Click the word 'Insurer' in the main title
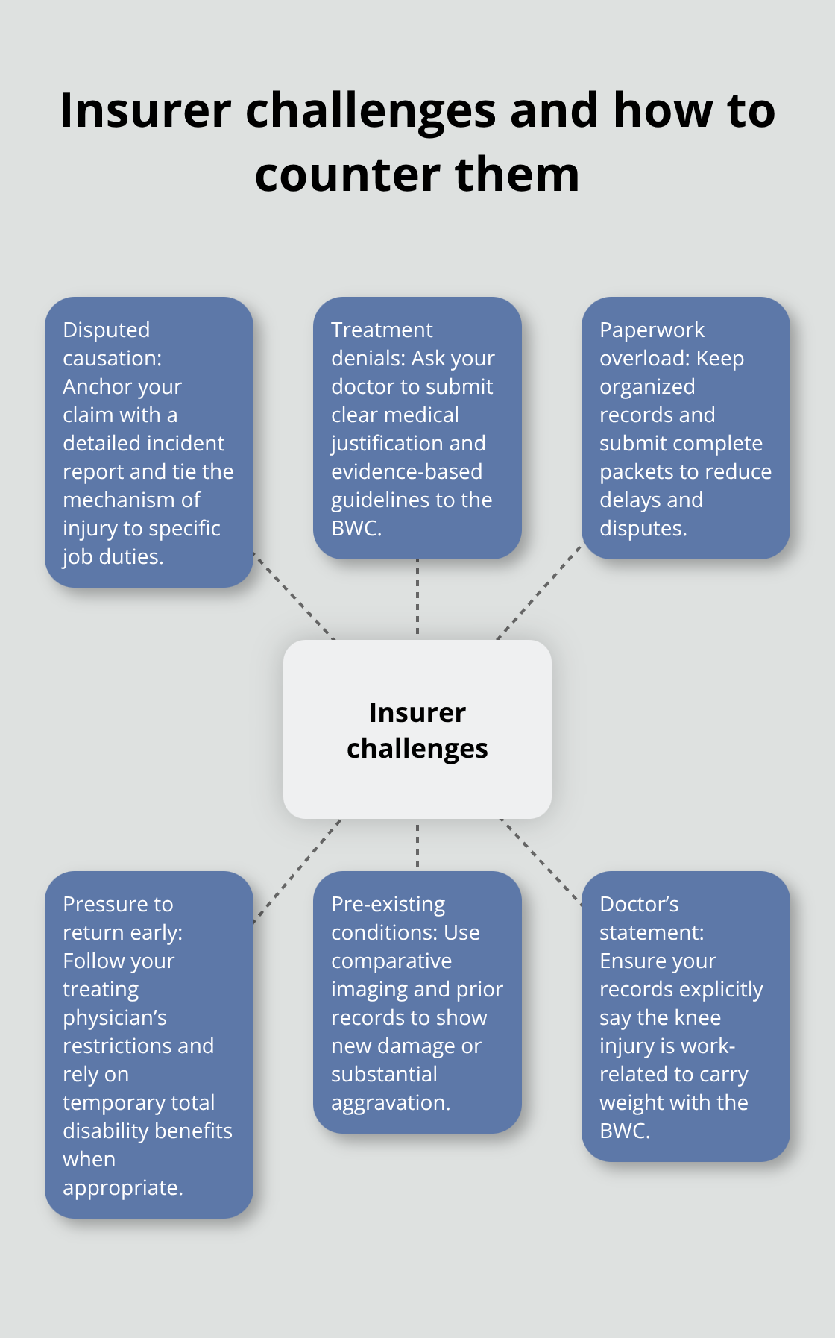click(x=145, y=110)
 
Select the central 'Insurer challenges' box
click(x=417, y=729)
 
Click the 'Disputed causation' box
click(x=149, y=442)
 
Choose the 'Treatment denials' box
click(x=417, y=428)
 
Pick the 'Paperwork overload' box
click(x=685, y=428)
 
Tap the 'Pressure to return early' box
click(x=149, y=1044)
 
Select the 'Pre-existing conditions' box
click(x=417, y=1002)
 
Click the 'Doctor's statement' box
click(x=685, y=1016)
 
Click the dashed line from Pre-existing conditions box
click(x=417, y=845)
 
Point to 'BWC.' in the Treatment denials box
click(x=356, y=528)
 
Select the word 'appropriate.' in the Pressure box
click(x=123, y=1187)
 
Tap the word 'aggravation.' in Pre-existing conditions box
click(x=391, y=1102)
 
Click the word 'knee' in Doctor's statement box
click(x=698, y=1017)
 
